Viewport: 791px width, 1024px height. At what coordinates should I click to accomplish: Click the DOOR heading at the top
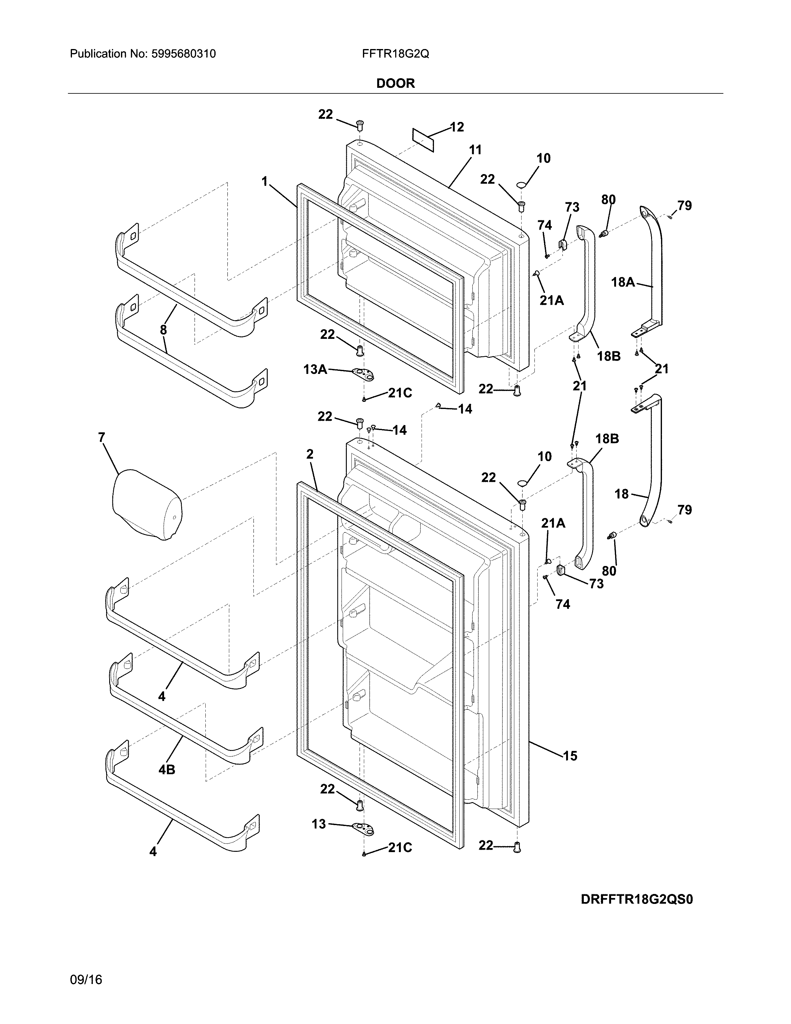(395, 83)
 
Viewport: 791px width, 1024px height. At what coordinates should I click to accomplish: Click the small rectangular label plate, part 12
(423, 140)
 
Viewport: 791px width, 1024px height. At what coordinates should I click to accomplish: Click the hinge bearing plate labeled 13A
(364, 373)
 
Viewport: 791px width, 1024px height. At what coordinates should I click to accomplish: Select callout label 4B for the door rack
(167, 770)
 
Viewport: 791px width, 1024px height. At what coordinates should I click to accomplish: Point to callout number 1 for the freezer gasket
(265, 181)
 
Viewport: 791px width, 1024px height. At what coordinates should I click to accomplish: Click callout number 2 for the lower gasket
(310, 454)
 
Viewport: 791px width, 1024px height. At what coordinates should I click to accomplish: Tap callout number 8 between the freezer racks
(163, 330)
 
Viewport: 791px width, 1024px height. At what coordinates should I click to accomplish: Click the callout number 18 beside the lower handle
(621, 494)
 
